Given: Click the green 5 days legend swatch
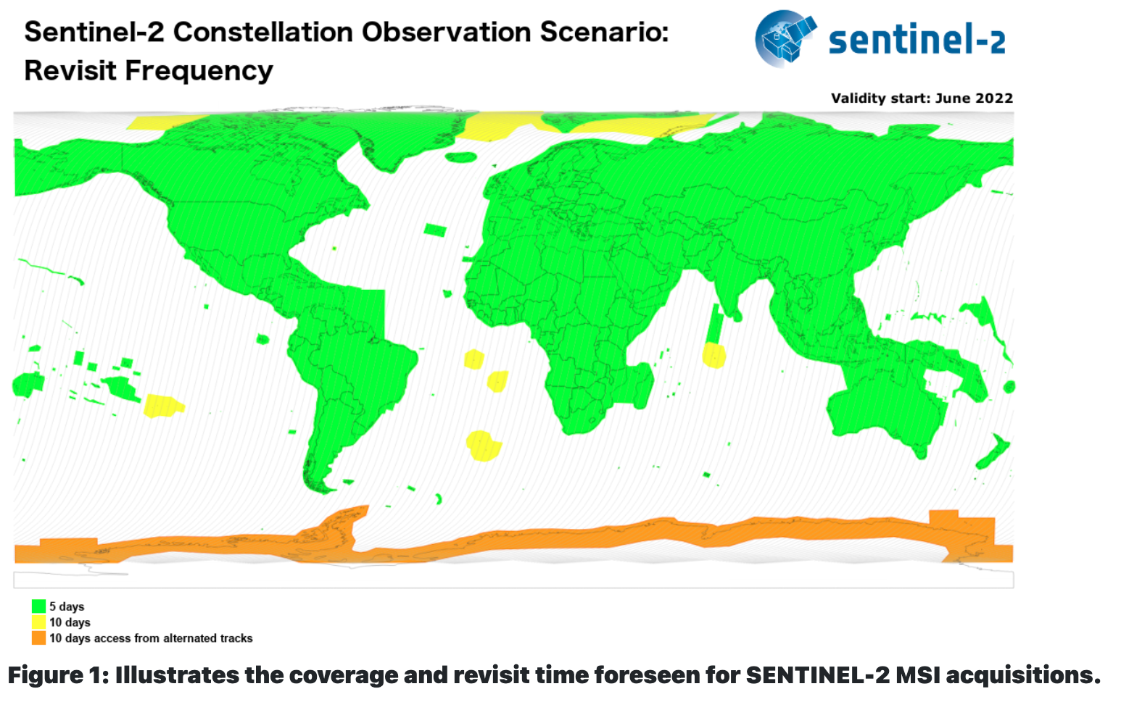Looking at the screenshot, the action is tap(38, 606).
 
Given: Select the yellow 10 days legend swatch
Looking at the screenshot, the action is tap(38, 622).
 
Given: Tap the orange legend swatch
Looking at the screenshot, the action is tap(38, 638).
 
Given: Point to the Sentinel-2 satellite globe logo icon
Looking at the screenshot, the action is tap(785, 38).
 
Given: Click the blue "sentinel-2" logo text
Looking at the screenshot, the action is tap(917, 39).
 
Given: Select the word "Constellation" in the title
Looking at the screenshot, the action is tap(262, 33).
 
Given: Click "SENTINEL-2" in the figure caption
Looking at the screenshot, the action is tap(818, 675).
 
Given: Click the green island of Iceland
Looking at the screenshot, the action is tap(461, 157).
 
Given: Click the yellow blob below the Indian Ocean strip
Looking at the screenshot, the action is tap(714, 356).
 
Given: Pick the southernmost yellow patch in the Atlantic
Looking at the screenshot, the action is tap(483, 446).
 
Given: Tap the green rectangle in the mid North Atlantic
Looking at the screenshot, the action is tap(435, 230).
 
